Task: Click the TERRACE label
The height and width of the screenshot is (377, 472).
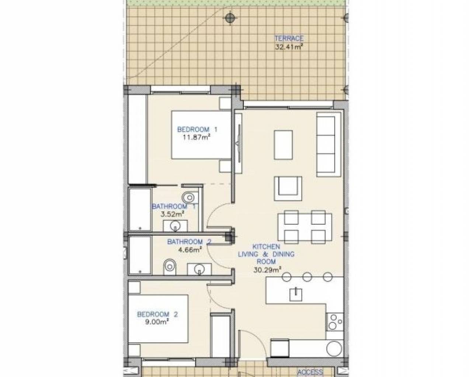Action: click(289, 38)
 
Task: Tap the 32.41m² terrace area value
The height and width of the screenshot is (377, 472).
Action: click(289, 47)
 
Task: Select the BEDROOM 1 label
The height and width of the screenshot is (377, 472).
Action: click(197, 129)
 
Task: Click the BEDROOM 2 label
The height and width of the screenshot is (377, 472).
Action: click(157, 314)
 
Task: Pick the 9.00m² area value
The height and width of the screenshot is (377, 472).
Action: click(157, 322)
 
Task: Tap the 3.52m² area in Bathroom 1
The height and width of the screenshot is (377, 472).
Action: click(172, 214)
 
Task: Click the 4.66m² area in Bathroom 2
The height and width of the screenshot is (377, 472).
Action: click(190, 250)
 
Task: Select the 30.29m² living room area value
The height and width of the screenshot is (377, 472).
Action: click(267, 269)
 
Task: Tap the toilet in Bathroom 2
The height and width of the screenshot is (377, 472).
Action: click(170, 267)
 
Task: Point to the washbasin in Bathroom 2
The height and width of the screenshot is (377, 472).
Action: click(199, 269)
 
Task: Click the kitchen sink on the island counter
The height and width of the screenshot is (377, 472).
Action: click(296, 295)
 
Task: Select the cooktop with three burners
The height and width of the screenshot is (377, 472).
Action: click(335, 322)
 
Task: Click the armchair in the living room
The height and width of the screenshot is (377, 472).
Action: click(288, 188)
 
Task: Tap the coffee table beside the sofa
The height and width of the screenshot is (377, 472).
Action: click(283, 145)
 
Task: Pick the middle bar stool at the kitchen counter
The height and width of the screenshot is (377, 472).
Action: click(307, 277)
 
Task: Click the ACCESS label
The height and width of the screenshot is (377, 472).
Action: click(310, 372)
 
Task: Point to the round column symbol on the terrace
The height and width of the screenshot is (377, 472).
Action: click(230, 18)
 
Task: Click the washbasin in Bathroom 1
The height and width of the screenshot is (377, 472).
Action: click(175, 226)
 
